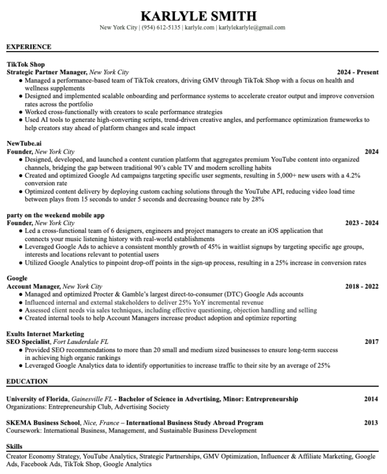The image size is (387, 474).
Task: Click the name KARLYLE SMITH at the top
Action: [x=193, y=16]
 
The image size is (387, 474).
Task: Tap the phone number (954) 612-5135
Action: [x=161, y=28]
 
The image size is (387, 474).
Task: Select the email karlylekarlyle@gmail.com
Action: [x=252, y=28]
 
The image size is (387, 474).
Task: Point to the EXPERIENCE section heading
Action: [x=28, y=47]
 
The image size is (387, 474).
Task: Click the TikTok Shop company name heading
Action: [x=25, y=64]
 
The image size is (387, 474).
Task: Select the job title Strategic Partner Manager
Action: [x=47, y=71]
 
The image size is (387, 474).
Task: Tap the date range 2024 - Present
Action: [x=358, y=71]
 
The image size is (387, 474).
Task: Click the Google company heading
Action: [x=17, y=279]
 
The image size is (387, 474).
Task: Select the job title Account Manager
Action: [x=33, y=287]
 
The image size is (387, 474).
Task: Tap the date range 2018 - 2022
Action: [x=362, y=287]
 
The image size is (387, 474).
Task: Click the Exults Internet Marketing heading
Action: [x=45, y=334]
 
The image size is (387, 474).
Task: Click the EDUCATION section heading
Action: [x=26, y=381]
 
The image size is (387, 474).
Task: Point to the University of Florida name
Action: [x=37, y=399]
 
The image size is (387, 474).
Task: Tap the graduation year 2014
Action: [x=371, y=399]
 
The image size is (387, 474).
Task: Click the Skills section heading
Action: [x=14, y=448]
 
